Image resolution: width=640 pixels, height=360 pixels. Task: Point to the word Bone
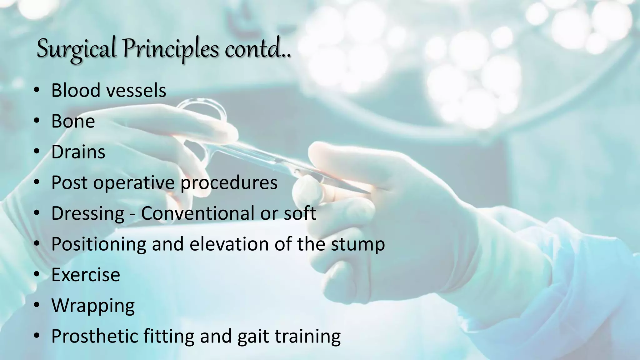73,121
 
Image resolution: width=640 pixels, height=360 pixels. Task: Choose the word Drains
78,152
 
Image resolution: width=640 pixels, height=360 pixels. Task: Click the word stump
358,244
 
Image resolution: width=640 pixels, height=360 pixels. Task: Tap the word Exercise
86,275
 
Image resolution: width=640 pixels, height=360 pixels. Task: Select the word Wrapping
93,305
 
